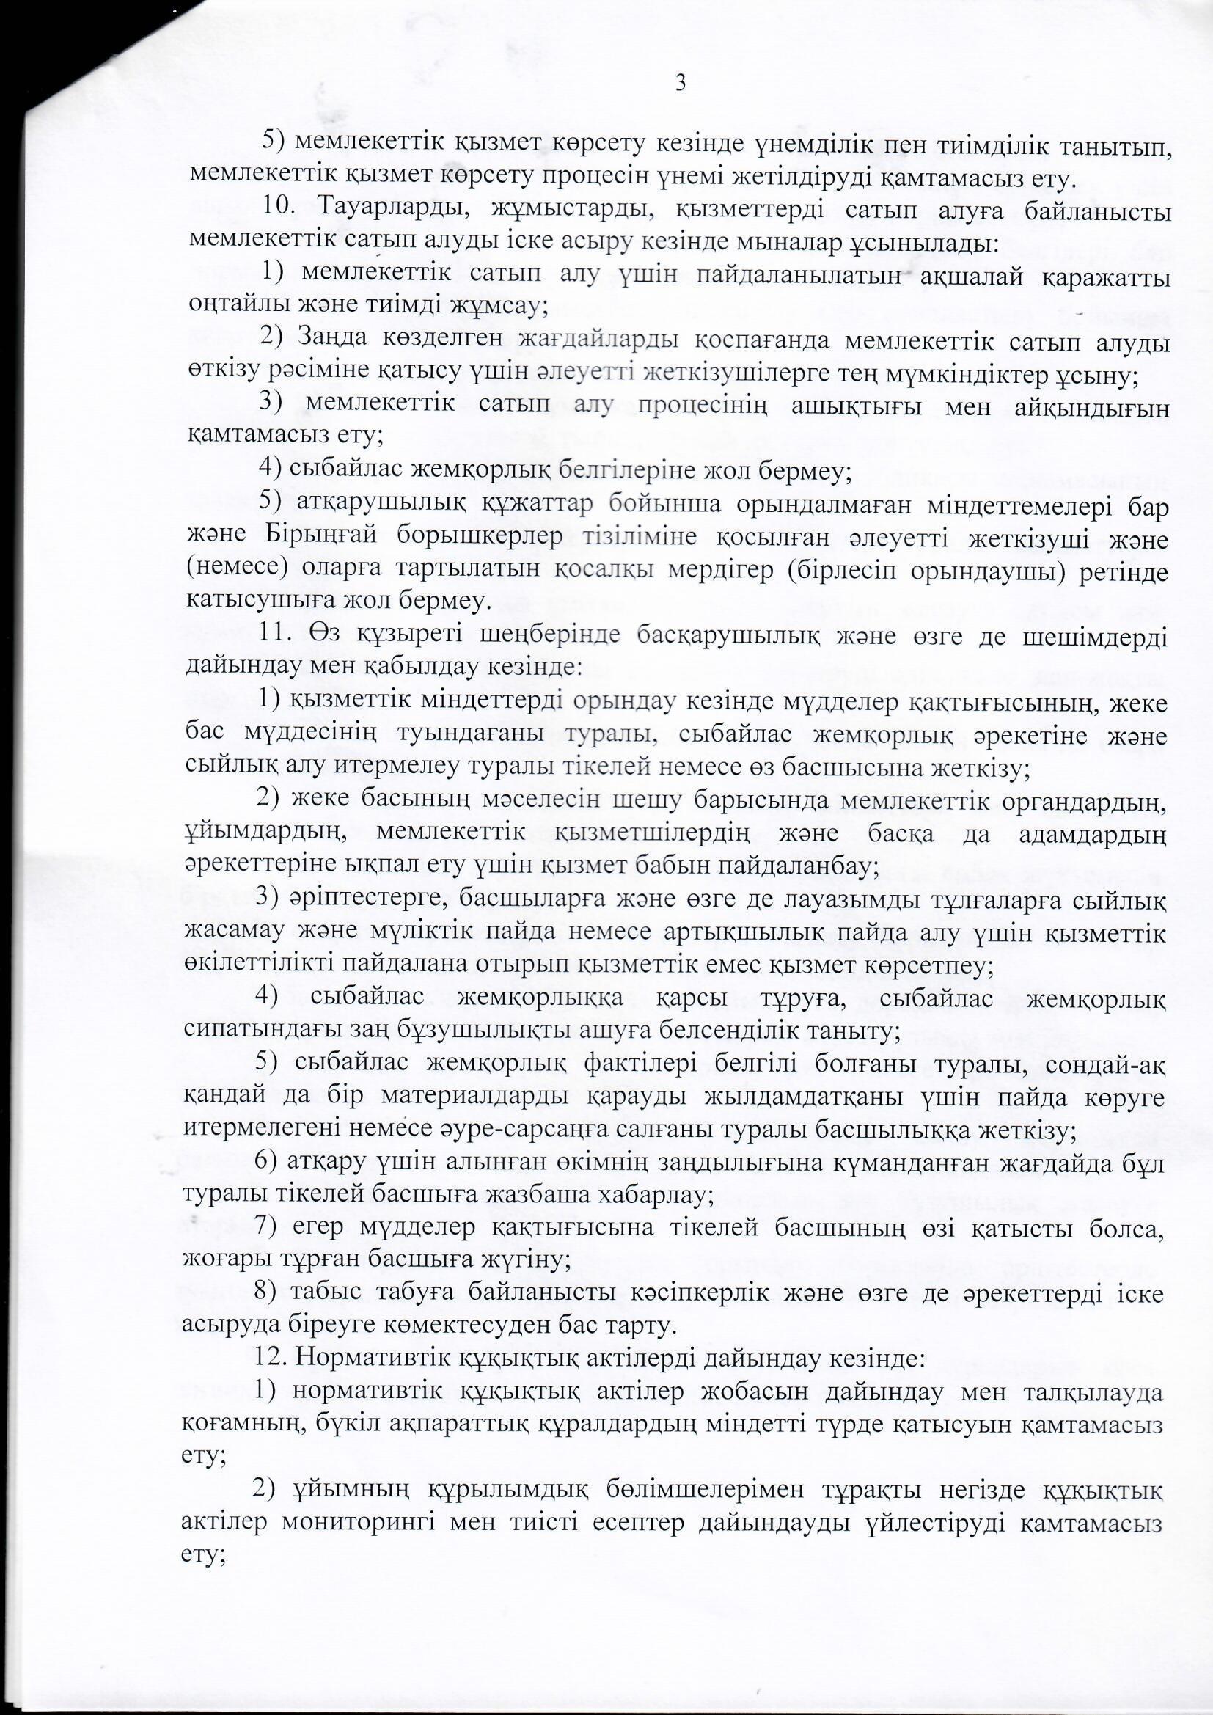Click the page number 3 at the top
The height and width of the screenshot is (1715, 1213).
pos(681,83)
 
